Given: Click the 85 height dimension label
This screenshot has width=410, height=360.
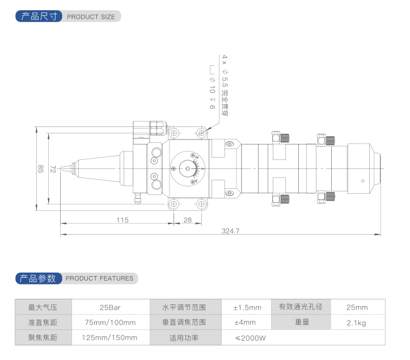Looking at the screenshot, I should click(40, 168).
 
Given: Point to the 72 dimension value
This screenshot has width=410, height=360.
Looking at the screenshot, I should click(53, 168).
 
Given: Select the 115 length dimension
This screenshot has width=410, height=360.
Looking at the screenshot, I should click(122, 219).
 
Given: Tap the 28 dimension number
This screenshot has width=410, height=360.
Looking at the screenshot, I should click(187, 219).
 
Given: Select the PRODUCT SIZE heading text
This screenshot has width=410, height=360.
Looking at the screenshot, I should click(91, 16).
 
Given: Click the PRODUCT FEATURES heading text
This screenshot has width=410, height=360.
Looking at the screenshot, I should click(100, 278).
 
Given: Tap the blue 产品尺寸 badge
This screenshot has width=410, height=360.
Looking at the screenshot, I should click(39, 16).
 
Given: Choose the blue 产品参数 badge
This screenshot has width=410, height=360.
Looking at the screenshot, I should click(38, 278).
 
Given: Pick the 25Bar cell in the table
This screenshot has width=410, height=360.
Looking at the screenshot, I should click(110, 307).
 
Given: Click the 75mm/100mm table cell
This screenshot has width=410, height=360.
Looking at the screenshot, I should click(110, 323).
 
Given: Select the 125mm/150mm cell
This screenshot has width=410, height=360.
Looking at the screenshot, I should click(110, 338).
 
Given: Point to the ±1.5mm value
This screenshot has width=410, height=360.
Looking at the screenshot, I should click(247, 307).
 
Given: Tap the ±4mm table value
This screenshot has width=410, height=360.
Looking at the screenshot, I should click(244, 323).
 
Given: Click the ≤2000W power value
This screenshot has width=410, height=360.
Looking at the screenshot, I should click(250, 338).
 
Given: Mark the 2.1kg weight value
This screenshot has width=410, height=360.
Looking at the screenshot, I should click(357, 323).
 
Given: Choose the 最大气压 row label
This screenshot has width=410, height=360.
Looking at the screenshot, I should click(43, 307).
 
